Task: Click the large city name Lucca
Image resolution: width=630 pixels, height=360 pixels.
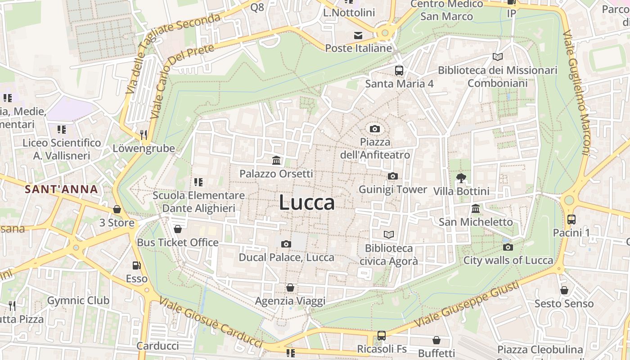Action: (307, 202)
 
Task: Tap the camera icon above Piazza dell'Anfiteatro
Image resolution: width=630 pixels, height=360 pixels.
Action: (375, 129)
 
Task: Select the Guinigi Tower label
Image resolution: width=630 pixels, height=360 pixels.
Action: (392, 189)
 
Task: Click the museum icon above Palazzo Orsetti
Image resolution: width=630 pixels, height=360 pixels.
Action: (276, 160)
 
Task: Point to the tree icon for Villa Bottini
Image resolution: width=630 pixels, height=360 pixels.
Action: (461, 178)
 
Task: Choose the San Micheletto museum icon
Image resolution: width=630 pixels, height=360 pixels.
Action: (476, 208)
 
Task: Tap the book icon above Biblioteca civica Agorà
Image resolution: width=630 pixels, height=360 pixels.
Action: (389, 234)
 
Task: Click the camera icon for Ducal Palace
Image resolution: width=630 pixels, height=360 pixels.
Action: (286, 244)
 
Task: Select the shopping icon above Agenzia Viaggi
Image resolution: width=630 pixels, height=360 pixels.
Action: (290, 287)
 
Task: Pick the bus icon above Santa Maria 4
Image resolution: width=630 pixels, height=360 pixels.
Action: (399, 70)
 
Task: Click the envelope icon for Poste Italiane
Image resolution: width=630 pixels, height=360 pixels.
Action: (358, 35)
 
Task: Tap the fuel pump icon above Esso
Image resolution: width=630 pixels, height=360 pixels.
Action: (136, 265)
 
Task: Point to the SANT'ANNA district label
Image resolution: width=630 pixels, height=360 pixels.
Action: (61, 189)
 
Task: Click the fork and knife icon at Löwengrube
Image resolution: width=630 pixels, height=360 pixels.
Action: (144, 134)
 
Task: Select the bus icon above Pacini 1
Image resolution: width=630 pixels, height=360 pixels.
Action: (571, 220)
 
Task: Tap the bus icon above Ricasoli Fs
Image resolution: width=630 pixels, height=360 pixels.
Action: (382, 335)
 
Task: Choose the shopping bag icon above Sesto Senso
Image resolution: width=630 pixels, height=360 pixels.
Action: (564, 290)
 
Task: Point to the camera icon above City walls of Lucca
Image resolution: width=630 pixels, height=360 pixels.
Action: (508, 247)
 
